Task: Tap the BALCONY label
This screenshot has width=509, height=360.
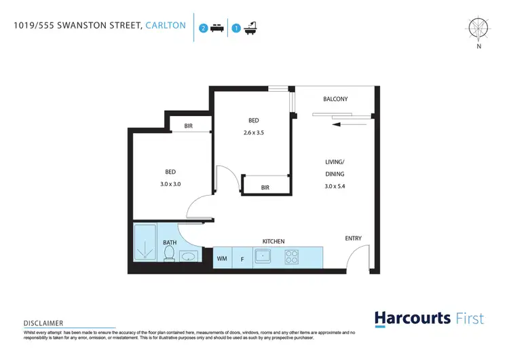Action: [335, 99]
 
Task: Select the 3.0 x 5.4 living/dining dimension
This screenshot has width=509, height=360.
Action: [335, 186]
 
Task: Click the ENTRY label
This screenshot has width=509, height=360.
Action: [353, 238]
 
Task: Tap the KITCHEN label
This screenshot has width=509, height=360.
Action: [274, 241]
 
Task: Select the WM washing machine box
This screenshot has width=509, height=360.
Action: [222, 258]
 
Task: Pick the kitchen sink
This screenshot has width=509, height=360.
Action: [263, 257]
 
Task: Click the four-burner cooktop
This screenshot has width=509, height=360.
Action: [293, 257]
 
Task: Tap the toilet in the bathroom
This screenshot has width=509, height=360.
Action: [170, 253]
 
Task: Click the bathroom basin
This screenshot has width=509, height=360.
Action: [189, 256]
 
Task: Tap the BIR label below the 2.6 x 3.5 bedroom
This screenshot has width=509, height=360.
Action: [265, 187]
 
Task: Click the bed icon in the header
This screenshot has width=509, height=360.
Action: [216, 28]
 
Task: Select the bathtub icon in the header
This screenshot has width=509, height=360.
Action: [250, 28]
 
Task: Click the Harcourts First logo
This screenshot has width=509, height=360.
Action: [429, 318]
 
